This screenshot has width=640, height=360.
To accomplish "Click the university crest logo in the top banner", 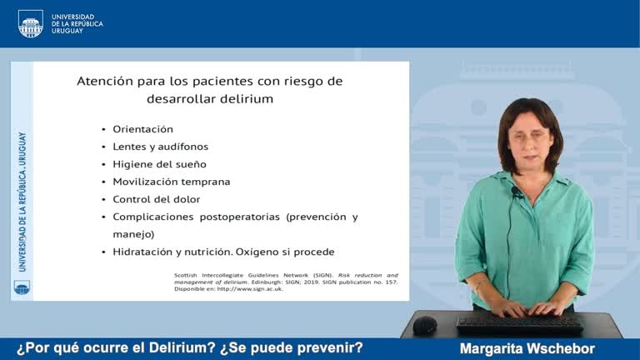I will (x=31, y=23).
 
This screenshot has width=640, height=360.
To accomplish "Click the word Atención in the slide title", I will (x=106, y=82).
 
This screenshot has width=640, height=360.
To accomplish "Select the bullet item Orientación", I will (x=142, y=129).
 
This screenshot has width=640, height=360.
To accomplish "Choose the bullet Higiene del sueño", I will (x=159, y=164).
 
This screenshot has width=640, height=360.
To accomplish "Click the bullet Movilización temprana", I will (x=171, y=182).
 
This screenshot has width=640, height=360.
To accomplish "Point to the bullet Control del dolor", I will (x=156, y=199).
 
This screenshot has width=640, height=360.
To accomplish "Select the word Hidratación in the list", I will (x=144, y=252).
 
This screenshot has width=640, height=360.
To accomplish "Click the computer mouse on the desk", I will (x=425, y=324).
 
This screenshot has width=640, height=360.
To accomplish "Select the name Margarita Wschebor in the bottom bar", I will (x=527, y=348).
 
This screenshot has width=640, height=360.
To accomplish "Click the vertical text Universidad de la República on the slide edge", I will (x=22, y=201).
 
